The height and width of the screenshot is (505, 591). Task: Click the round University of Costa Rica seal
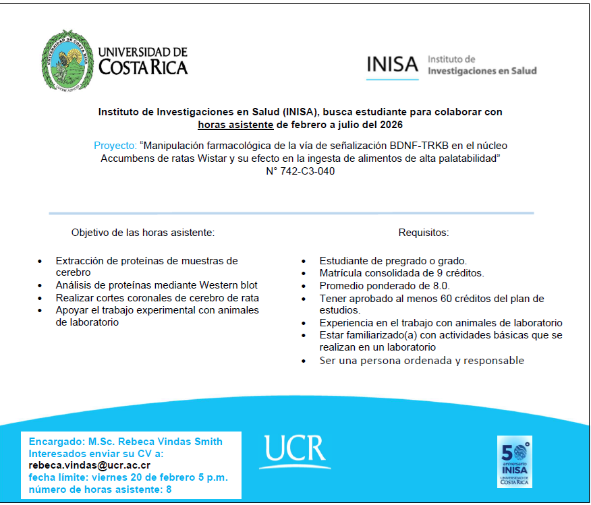[x=67, y=61]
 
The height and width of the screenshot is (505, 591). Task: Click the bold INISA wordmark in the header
[x=393, y=64]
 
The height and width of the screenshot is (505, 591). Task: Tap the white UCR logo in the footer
[x=294, y=451]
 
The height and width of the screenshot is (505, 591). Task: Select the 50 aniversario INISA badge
[x=514, y=461]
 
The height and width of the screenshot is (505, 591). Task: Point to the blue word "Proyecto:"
[x=115, y=146]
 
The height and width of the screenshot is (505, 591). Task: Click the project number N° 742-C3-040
[x=300, y=171]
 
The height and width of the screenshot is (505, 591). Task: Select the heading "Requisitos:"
[x=424, y=233]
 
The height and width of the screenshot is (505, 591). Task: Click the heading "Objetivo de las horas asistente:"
[x=143, y=233]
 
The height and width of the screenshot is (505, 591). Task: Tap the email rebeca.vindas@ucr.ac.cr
[x=89, y=465]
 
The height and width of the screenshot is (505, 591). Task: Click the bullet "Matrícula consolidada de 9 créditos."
[x=402, y=273]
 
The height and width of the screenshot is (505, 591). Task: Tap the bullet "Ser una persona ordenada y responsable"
[x=422, y=360]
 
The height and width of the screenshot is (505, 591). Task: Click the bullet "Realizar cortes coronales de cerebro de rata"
[x=157, y=297]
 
